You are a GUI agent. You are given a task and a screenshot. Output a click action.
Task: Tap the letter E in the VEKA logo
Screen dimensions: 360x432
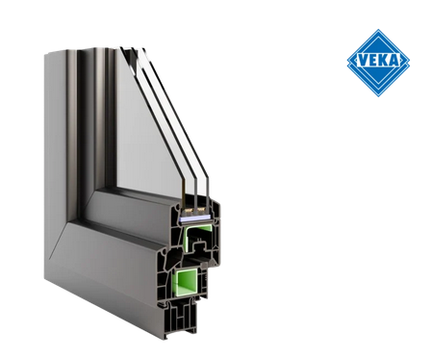[x=371, y=64]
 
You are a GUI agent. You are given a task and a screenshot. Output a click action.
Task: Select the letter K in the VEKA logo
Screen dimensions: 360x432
[x=383, y=64]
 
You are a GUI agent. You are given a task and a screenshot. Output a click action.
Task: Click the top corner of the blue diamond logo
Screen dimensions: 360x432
[x=378, y=31]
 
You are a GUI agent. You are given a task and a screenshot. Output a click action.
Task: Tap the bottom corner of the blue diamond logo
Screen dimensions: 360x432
[x=378, y=96]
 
